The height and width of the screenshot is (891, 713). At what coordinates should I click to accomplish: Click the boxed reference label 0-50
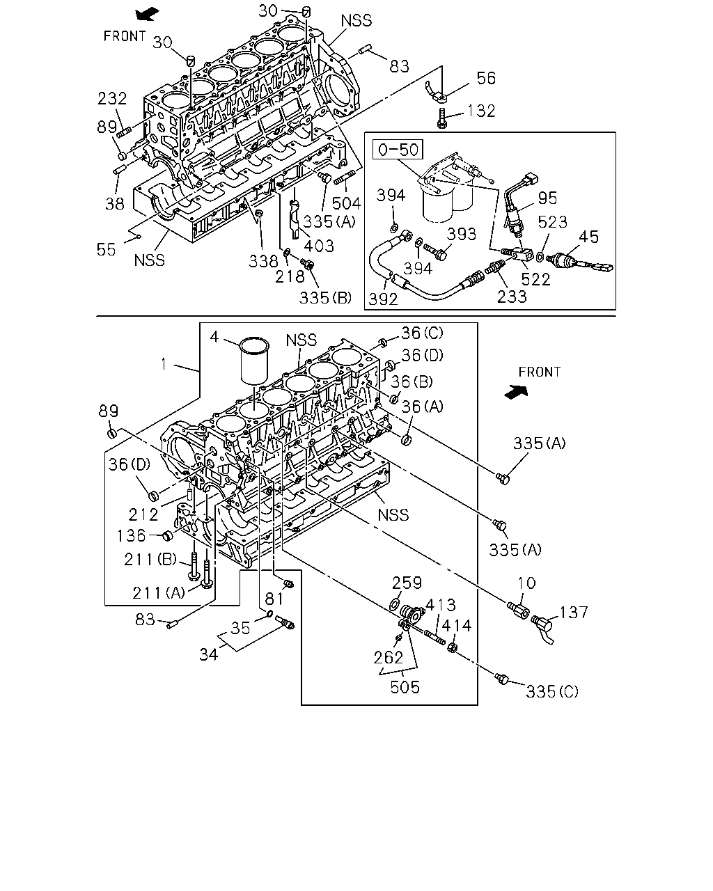(x=398, y=150)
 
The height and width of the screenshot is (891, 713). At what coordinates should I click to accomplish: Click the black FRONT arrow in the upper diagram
(x=147, y=14)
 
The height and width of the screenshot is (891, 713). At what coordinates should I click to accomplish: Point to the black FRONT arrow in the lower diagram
(x=516, y=392)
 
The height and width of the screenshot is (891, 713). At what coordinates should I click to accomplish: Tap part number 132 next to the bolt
(x=481, y=111)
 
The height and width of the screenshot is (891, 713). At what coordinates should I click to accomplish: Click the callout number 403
(x=319, y=246)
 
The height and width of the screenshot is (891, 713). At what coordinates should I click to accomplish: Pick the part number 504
(x=346, y=203)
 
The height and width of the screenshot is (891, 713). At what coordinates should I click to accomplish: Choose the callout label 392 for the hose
(x=383, y=299)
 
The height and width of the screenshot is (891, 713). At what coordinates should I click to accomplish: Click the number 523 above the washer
(x=552, y=222)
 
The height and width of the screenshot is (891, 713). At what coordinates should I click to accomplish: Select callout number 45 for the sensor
(x=588, y=237)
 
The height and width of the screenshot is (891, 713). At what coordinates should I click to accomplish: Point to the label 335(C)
(x=552, y=691)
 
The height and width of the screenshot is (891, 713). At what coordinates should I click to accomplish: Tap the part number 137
(x=574, y=613)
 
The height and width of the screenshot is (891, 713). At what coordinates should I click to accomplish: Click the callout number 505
(x=405, y=687)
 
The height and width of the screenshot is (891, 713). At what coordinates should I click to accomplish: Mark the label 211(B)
(x=150, y=560)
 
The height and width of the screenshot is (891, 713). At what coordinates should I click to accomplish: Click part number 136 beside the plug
(x=131, y=536)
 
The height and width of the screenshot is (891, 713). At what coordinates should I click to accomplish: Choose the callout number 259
(x=407, y=583)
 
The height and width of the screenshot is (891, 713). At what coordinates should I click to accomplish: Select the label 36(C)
(x=422, y=333)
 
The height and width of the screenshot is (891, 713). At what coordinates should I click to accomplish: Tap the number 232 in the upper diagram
(x=112, y=99)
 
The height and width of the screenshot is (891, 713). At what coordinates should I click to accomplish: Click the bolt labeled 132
(x=441, y=118)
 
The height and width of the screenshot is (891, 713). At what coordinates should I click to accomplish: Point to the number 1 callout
(x=164, y=364)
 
